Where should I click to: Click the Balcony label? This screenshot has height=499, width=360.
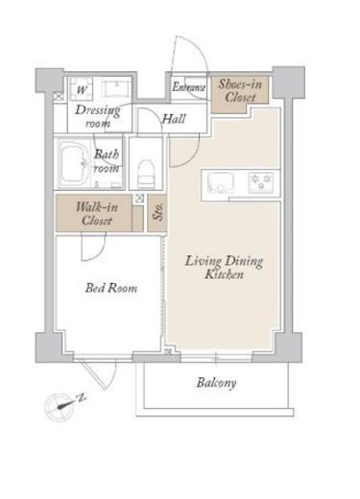pos(216,383)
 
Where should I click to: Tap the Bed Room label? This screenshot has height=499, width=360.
pos(111,288)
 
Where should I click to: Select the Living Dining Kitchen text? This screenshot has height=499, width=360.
pos(224,268)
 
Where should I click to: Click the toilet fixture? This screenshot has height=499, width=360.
pos(146,174)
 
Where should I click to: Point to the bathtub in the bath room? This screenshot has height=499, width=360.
pos(75,164)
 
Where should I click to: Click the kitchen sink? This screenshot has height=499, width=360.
pos(220,183)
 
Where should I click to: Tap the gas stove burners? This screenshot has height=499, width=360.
pos(261,182)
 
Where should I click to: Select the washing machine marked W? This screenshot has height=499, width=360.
pos(82,86)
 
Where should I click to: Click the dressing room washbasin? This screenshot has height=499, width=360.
pos(116,87)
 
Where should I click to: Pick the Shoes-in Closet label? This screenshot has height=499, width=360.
pos(240,91)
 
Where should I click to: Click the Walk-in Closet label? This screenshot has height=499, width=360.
pos(97,214)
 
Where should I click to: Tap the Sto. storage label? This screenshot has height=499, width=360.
pos(158,212)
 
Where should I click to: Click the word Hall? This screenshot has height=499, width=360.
pos(174,119)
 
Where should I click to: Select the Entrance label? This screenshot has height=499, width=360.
pos(189,87)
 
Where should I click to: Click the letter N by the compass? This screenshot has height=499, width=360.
pos(82,397)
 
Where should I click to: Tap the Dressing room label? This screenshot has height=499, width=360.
pos(98,116)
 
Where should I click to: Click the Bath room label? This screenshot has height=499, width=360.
pos(107,161)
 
